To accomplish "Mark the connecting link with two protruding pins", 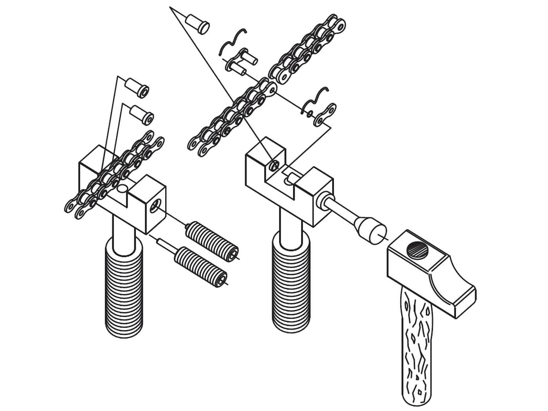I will (243, 63).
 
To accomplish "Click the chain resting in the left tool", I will (114, 172).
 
